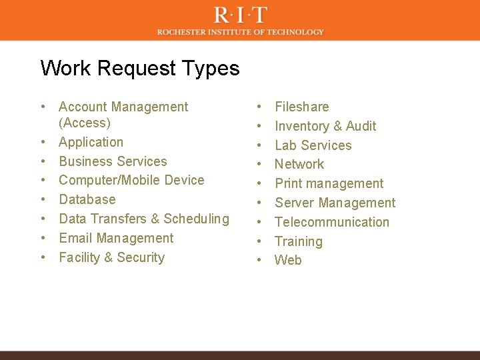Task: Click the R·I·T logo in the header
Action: pyautogui.click(x=241, y=14)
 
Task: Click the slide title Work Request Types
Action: pyautogui.click(x=140, y=68)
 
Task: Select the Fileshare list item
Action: pyautogui.click(x=301, y=107)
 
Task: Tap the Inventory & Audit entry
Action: pyautogui.click(x=325, y=126)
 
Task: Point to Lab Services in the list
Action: pyautogui.click(x=313, y=145)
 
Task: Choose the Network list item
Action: pyautogui.click(x=299, y=164)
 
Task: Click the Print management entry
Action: pyautogui.click(x=329, y=183)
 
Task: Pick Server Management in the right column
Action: pyautogui.click(x=335, y=203)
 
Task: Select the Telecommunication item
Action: pyautogui.click(x=332, y=222)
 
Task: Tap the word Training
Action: pyautogui.click(x=299, y=241)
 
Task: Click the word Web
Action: pyautogui.click(x=288, y=260)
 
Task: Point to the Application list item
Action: pyautogui.click(x=91, y=142)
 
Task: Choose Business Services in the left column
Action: pyautogui.click(x=113, y=161)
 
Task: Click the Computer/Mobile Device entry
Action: pyautogui.click(x=131, y=180)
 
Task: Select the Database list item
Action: pyautogui.click(x=87, y=199)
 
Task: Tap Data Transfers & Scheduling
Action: pyautogui.click(x=143, y=219)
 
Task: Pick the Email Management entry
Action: pyautogui.click(x=116, y=238)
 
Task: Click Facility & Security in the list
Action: pyautogui.click(x=111, y=257)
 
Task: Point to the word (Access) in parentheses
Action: pyautogui.click(x=85, y=123)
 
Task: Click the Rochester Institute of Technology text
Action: pyautogui.click(x=241, y=31)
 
